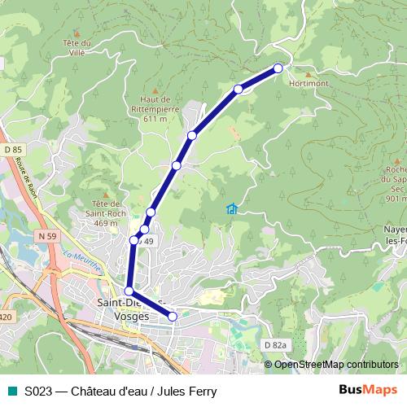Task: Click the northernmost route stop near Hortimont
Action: pos(278,68)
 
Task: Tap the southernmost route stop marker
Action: pos(173,316)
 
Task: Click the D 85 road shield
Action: pos(13,150)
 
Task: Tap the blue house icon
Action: pos(232,210)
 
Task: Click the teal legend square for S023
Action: pos(11,391)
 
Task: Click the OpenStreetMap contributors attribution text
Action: pos(331,364)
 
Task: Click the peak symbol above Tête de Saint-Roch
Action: pos(105,195)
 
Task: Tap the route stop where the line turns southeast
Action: pos(129,291)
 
